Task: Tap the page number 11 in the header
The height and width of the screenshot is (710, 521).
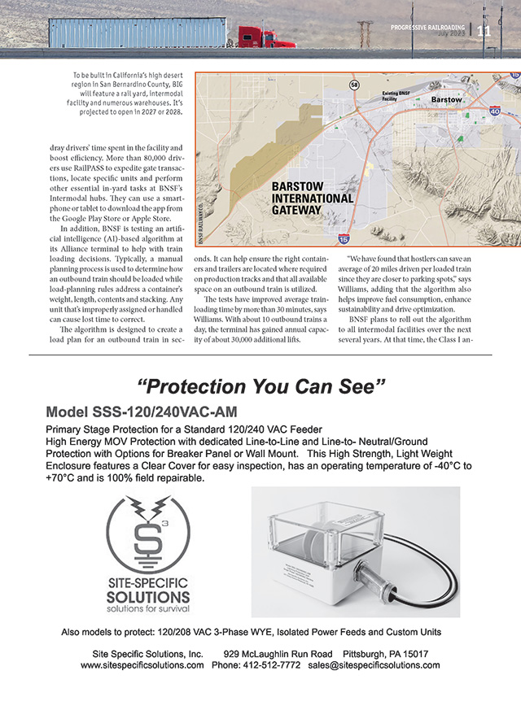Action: click(x=484, y=32)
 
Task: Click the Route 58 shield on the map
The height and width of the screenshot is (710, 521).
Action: click(x=354, y=85)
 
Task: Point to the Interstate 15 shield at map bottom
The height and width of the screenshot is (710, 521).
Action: click(x=345, y=238)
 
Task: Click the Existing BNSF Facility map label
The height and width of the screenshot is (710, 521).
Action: click(x=400, y=98)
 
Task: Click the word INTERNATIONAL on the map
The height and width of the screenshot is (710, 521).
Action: click(x=313, y=198)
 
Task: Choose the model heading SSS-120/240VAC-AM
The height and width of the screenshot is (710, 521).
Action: click(x=142, y=412)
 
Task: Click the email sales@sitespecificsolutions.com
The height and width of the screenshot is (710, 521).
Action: click(x=374, y=664)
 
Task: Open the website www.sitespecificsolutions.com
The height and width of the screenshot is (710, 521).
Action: click(x=142, y=664)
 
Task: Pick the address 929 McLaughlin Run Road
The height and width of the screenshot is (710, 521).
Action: click(x=278, y=653)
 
